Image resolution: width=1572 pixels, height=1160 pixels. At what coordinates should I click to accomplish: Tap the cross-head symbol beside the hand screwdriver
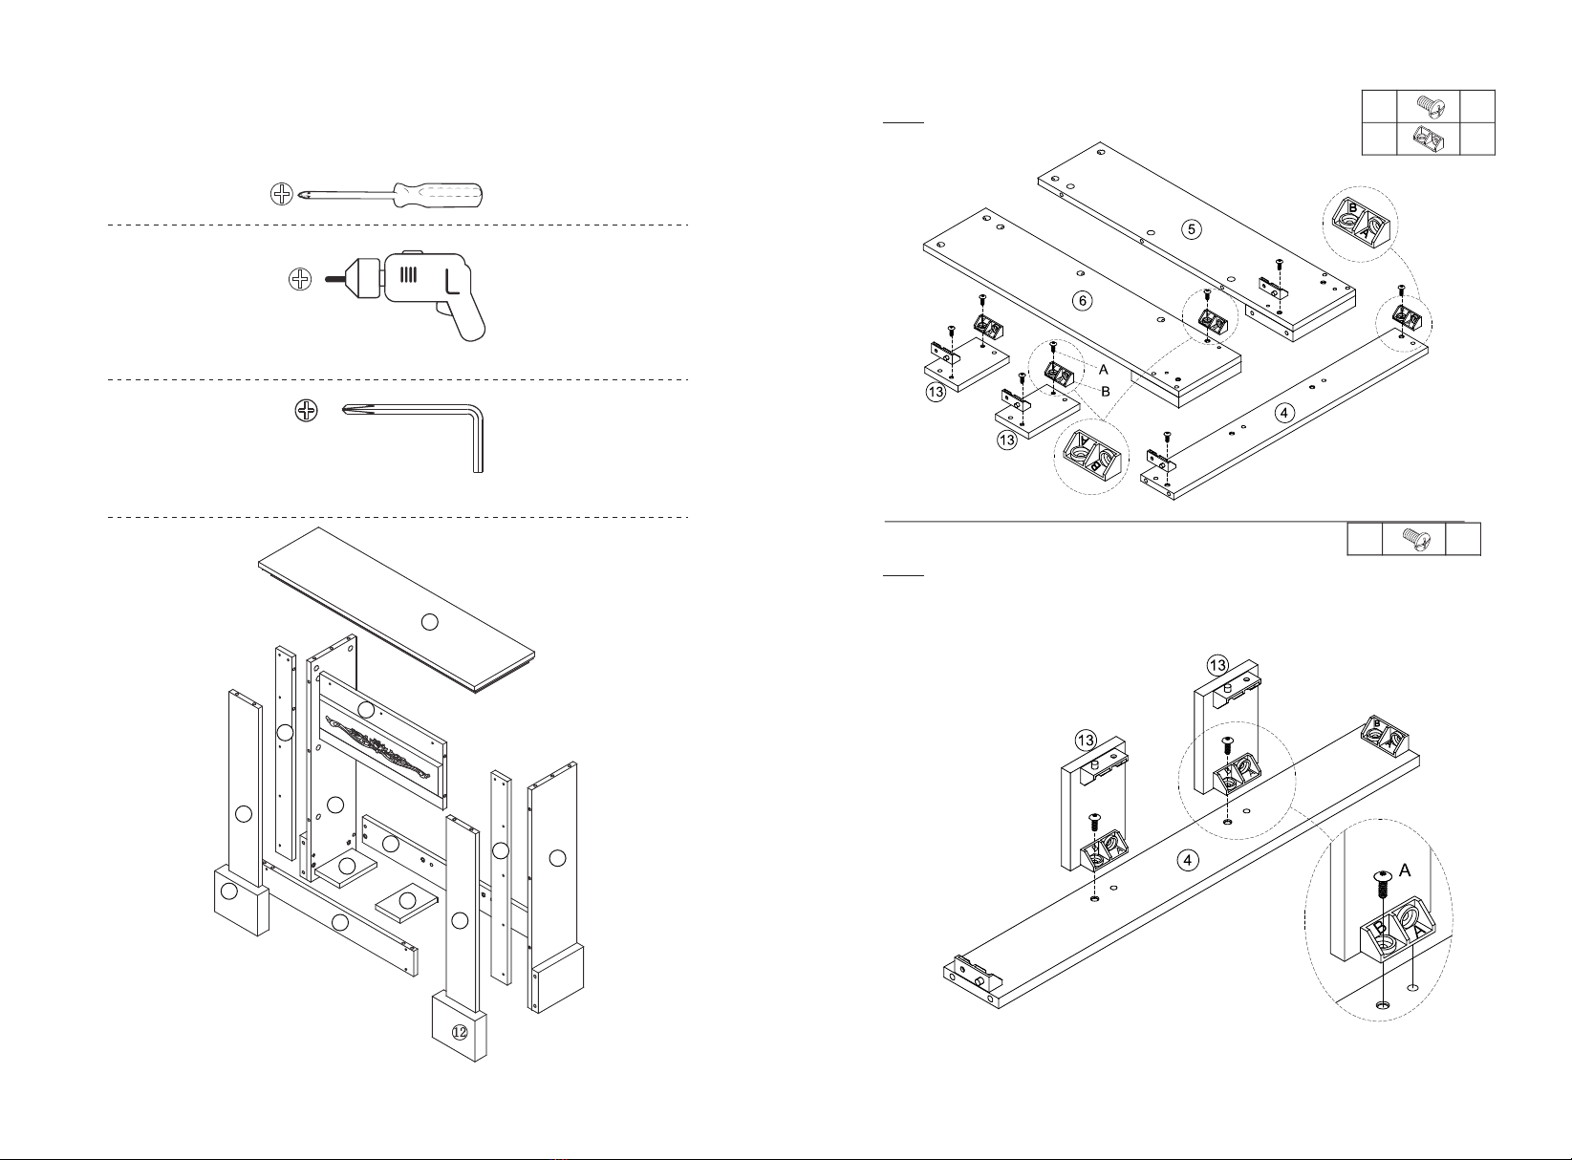tap(281, 194)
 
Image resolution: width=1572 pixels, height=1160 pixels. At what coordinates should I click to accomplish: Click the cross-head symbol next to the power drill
tap(300, 279)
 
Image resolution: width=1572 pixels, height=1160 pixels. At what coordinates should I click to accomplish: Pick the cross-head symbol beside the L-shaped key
tap(306, 410)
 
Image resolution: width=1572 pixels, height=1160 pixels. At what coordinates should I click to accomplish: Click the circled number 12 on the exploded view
tap(460, 1033)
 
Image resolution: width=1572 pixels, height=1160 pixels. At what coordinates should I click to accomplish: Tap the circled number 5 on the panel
tap(1192, 229)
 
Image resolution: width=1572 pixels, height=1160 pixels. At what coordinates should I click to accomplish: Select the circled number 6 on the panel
tap(1083, 300)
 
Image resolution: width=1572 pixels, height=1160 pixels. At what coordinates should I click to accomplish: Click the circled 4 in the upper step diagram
tap(1284, 413)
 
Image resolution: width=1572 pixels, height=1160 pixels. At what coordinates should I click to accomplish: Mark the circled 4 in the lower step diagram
tap(1188, 860)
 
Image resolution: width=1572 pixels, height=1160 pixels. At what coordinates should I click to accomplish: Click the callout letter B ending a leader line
tap(1106, 392)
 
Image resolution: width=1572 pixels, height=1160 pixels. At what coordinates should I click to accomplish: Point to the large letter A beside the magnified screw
tap(1404, 870)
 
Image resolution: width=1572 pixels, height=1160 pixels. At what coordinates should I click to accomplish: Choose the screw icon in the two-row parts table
tap(1428, 106)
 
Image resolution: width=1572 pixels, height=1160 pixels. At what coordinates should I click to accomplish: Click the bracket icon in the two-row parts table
tap(1428, 139)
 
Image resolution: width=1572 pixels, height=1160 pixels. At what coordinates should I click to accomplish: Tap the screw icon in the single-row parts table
tap(1414, 539)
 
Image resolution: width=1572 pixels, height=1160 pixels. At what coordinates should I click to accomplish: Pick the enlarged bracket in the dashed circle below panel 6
tap(1091, 456)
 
